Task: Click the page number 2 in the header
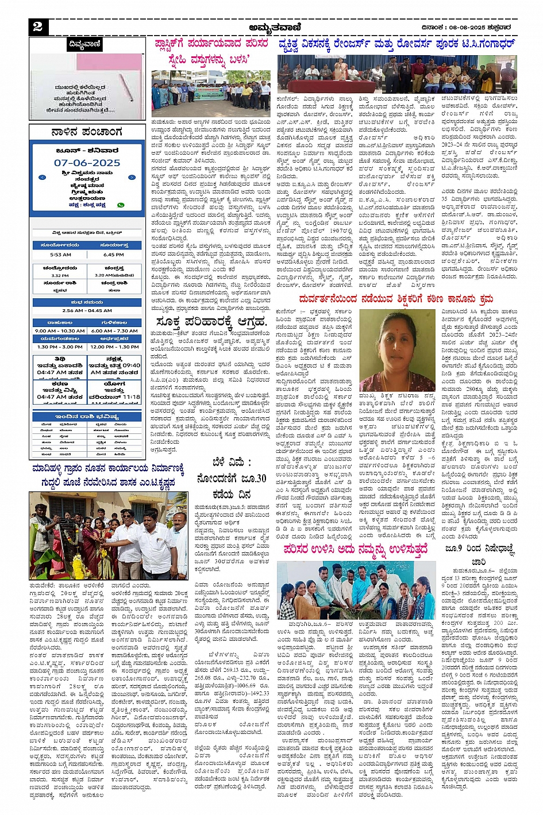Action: (38, 27)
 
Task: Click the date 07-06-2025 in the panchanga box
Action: (87, 163)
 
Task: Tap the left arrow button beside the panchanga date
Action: (42, 177)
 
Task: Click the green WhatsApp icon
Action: (121, 205)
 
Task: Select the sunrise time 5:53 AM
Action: (60, 254)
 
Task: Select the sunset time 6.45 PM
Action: (114, 254)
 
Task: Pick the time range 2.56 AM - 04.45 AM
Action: (87, 310)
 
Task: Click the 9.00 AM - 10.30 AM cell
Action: (60, 330)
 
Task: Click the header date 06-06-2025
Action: (482, 27)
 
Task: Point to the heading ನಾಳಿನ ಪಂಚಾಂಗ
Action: (87, 132)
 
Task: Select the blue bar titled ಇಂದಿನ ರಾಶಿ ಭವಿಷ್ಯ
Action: (87, 416)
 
